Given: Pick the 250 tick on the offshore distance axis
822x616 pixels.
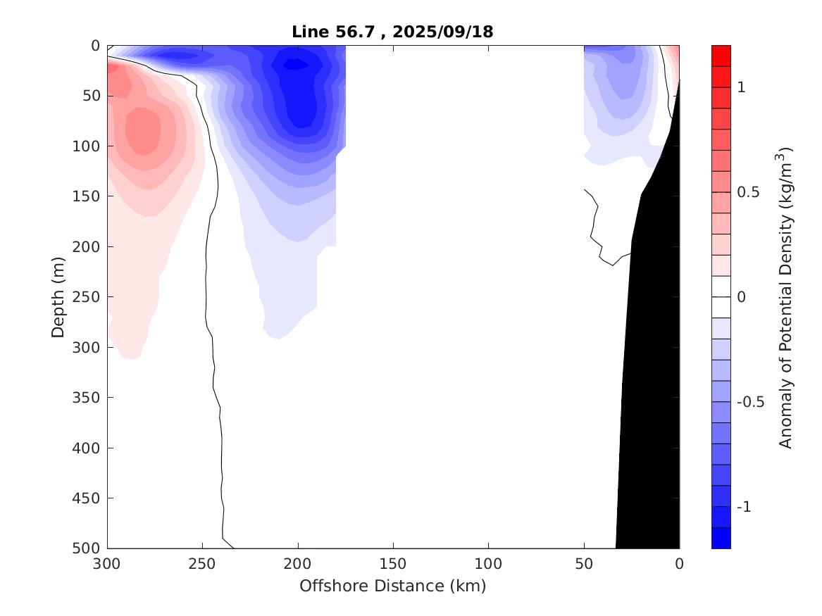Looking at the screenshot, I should point(202,564).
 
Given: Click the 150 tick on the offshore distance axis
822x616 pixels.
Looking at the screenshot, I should point(393,564).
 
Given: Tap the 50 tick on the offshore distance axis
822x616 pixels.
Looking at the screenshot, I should point(584,564).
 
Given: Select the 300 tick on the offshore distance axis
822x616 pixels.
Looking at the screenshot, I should point(107,564).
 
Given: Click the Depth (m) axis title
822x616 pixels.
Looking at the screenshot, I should point(59,296).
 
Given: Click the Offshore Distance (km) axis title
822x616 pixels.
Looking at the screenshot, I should point(393,586).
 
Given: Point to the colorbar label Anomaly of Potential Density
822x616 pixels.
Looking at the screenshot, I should point(786,296).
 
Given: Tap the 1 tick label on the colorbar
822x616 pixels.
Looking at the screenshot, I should point(741,87).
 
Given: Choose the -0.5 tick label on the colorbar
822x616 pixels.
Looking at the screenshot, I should point(750,402).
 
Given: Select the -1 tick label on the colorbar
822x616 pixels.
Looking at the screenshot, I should point(744,507).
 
